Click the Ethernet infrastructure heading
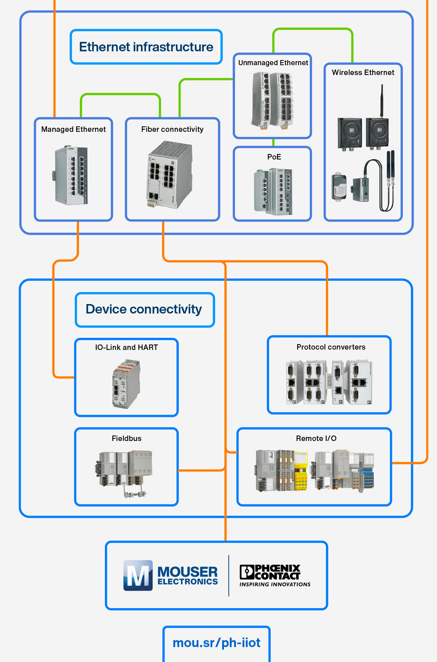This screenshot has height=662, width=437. [146, 47]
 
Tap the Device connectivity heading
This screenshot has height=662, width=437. [144, 309]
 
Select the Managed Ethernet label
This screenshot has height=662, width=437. [73, 129]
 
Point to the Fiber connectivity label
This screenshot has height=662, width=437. [172, 129]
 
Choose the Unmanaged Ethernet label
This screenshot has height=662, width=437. [273, 63]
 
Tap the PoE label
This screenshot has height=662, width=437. [274, 157]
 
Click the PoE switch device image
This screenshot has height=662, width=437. [273, 191]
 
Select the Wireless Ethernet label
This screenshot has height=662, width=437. [363, 72]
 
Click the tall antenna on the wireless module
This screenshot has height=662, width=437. [382, 100]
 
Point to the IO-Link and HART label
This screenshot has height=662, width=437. [126, 347]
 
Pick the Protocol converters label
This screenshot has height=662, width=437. [331, 347]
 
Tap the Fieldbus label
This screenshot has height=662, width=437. [126, 438]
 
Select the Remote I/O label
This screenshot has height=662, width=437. [316, 438]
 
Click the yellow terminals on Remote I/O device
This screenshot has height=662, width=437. [301, 473]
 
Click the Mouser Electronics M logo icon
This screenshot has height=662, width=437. [138, 575]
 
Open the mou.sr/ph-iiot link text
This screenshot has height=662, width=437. [216, 643]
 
